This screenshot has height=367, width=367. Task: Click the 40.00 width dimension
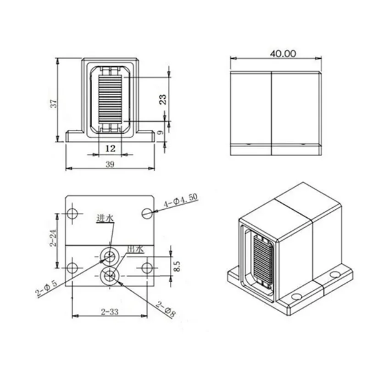tap(283, 54)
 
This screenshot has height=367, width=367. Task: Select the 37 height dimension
tap(54, 104)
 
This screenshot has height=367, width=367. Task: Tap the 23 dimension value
tap(163, 99)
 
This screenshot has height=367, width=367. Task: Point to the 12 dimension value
tap(111, 148)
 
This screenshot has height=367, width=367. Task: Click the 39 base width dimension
tap(110, 164)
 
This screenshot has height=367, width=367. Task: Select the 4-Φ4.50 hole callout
tap(180, 201)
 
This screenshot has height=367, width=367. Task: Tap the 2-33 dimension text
tap(110, 312)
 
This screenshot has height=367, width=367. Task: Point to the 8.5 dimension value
tap(177, 267)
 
